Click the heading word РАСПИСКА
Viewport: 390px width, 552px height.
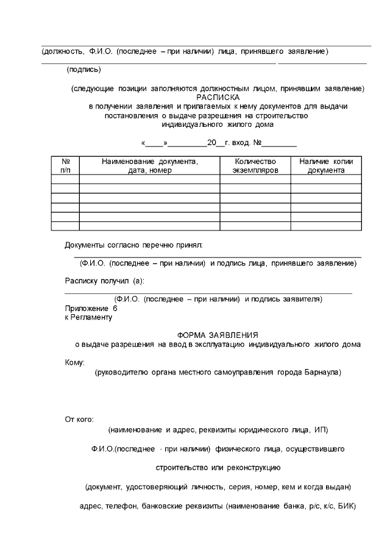click(x=218, y=97)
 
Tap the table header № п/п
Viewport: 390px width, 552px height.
click(x=65, y=166)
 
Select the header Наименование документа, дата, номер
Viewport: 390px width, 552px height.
click(x=150, y=166)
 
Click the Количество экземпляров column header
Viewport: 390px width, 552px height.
click(x=255, y=166)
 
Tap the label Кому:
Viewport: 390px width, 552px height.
click(x=75, y=362)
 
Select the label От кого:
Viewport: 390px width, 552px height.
click(x=79, y=419)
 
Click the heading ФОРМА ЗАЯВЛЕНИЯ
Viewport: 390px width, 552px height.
click(x=218, y=335)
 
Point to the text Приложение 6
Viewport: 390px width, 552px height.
click(x=91, y=309)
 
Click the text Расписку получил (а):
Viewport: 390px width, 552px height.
click(x=104, y=281)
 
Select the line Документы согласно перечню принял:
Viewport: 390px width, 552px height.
click(x=133, y=245)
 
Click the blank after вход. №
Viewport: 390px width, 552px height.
click(x=280, y=144)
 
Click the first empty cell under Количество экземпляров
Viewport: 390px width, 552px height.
click(x=255, y=179)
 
